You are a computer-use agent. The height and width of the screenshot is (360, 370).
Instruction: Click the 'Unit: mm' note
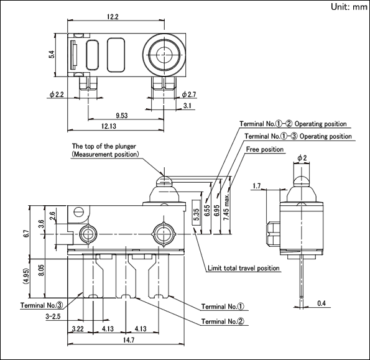349,7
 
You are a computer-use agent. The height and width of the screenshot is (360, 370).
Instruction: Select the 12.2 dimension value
113,17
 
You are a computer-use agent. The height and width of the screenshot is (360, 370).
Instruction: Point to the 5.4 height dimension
52,55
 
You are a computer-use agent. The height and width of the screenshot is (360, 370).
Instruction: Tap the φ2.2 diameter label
57,95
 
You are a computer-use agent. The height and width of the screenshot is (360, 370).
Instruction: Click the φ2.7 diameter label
189,95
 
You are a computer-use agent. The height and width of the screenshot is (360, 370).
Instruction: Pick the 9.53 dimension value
122,116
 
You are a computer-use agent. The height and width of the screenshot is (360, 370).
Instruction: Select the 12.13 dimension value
109,126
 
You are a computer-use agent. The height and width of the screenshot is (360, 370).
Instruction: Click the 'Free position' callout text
265,149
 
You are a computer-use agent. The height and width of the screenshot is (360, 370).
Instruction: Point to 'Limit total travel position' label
244,268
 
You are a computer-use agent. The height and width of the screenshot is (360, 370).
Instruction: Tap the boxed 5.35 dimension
197,213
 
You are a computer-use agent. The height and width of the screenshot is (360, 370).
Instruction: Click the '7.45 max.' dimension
226,208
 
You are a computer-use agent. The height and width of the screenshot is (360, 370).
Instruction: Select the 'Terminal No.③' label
42,305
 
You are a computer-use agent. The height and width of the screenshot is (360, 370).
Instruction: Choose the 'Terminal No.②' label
223,321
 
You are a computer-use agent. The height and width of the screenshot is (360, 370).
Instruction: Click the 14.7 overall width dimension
129,340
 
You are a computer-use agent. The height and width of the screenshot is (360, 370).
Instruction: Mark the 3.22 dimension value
78,329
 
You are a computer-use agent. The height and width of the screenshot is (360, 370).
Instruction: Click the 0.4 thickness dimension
321,303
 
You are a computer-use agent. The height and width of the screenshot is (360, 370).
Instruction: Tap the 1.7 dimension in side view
256,186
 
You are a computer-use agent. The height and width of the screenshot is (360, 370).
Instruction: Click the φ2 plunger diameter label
302,157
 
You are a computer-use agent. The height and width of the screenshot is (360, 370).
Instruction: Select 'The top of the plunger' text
104,146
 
